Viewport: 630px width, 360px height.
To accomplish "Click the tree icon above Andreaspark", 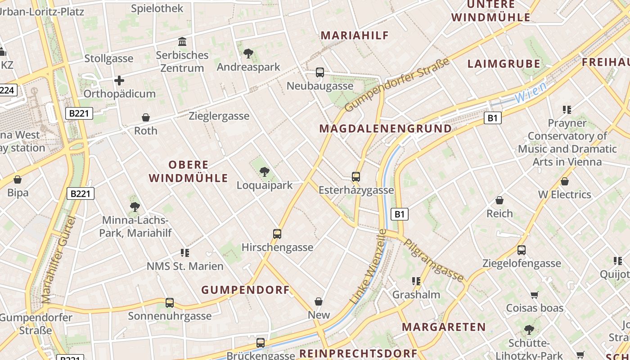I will [248, 54].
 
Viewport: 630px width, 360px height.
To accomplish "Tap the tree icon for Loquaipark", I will [265, 171].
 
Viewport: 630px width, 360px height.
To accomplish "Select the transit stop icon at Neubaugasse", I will [320, 72].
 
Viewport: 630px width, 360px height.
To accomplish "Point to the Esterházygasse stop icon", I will [356, 177].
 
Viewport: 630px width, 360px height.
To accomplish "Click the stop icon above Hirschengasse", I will [277, 234].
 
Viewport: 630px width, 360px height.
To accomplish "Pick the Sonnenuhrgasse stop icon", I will [170, 303].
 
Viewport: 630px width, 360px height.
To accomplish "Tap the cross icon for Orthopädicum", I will [119, 81].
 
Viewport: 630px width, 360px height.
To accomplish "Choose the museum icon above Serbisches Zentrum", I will [182, 42].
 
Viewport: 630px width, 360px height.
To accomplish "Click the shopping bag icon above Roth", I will [146, 117].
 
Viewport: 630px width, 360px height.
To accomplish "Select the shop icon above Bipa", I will [18, 180].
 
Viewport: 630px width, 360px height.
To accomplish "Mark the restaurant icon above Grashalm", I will [416, 282].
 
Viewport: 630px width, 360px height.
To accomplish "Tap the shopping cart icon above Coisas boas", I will [535, 295].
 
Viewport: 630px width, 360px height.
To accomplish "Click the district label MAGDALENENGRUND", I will [385, 129].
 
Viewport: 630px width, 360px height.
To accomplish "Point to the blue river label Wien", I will [531, 92].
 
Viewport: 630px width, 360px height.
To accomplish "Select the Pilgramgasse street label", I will [434, 260].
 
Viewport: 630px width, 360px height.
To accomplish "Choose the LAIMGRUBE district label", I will [504, 63].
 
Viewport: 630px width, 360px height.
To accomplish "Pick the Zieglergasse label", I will [219, 116].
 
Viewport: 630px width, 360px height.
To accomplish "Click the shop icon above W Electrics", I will [565, 181].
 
